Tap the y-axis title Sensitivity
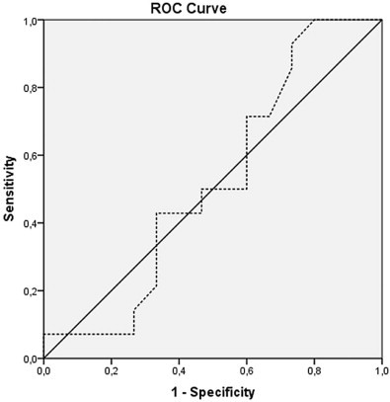9,188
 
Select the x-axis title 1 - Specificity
212,392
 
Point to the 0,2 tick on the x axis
112,370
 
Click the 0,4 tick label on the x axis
179,370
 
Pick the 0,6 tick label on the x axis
247,370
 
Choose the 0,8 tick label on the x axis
314,370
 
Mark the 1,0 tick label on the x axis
381,370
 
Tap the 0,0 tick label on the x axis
44,370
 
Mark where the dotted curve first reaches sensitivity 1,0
314,20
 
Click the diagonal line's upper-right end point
381,20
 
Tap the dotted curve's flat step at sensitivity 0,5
224,189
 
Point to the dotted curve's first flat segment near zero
89,334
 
